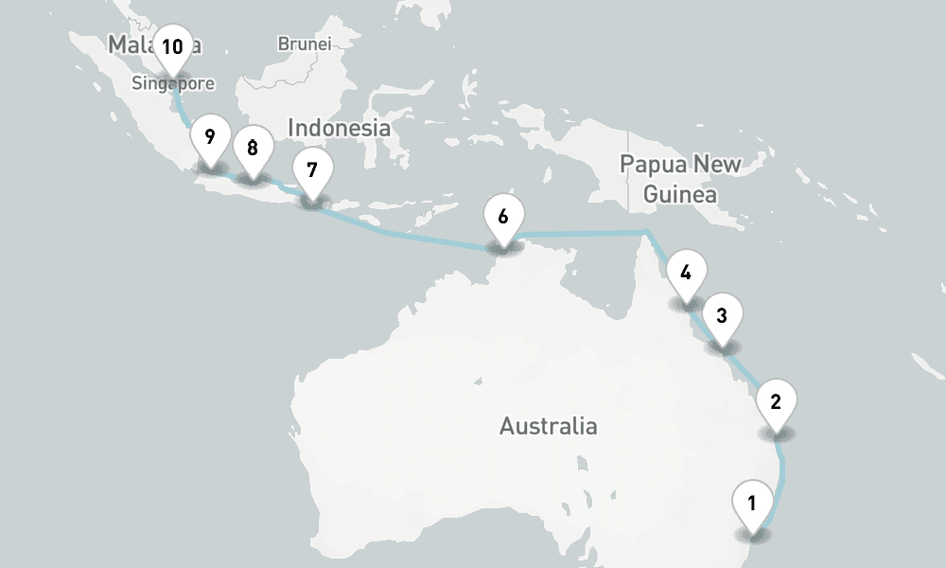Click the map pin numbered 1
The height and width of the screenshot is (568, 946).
click(752, 504)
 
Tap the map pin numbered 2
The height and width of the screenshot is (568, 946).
click(776, 401)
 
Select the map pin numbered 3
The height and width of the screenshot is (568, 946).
click(722, 316)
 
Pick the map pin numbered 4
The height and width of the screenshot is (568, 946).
click(686, 275)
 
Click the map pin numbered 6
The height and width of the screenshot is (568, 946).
click(503, 217)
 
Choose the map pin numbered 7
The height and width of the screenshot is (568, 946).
click(312, 170)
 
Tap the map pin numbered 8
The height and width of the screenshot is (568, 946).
click(253, 149)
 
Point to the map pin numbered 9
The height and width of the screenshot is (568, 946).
click(210, 137)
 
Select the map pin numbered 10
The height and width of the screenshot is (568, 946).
click(172, 47)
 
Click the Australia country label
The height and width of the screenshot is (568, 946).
click(549, 426)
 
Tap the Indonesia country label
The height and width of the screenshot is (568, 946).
click(339, 128)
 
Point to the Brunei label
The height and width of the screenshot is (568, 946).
click(304, 44)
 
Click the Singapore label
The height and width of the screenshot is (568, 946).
click(172, 84)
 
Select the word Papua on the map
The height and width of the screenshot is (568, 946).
click(652, 164)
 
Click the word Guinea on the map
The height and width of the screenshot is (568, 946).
click(679, 195)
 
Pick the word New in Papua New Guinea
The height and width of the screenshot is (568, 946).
click(716, 164)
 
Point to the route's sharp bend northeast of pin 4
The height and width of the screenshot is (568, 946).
click(647, 232)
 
